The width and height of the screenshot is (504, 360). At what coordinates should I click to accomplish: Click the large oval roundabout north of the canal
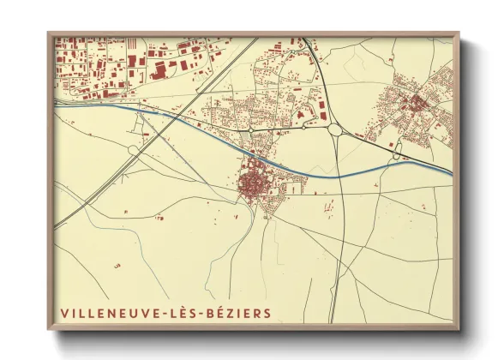[334, 130]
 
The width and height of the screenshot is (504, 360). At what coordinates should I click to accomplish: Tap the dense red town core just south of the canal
[252, 183]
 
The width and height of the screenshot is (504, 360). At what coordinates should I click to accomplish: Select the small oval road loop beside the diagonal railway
[134, 150]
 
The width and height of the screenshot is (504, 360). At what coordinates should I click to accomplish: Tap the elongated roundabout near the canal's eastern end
[396, 152]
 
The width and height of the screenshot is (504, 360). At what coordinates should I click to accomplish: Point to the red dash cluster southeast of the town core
[328, 206]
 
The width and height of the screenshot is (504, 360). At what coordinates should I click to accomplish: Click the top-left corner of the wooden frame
[48, 33]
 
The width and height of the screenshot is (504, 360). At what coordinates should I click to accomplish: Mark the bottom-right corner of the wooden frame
[458, 328]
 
